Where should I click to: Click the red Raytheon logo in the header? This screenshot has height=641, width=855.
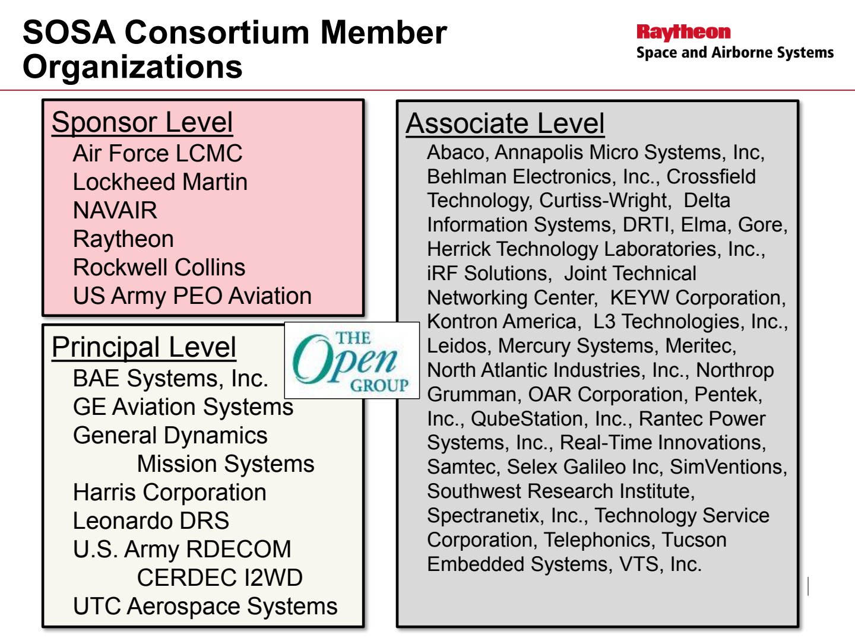pyautogui.click(x=683, y=33)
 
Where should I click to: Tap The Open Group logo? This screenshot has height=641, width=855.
pyautogui.click(x=351, y=360)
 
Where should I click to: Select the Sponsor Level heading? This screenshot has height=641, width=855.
pyautogui.click(x=142, y=122)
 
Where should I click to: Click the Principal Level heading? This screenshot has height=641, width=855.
pyautogui.click(x=144, y=347)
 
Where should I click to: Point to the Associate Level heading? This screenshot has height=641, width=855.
pyautogui.click(x=505, y=123)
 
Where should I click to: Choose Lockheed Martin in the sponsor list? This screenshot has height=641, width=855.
pyautogui.click(x=160, y=182)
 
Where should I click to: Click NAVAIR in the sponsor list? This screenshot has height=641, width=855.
pyautogui.click(x=115, y=210)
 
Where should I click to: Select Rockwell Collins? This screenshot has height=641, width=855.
pyautogui.click(x=159, y=267)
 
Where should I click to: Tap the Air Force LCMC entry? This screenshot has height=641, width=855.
pyautogui.click(x=157, y=153)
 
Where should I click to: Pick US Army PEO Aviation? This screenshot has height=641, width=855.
pyautogui.click(x=192, y=296)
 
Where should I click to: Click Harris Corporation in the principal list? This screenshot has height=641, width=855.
pyautogui.click(x=169, y=493)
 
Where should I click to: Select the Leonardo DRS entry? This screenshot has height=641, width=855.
pyautogui.click(x=151, y=521)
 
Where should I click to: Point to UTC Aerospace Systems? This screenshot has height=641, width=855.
pyautogui.click(x=205, y=607)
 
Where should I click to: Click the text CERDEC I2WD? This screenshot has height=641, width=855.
pyautogui.click(x=220, y=577)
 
